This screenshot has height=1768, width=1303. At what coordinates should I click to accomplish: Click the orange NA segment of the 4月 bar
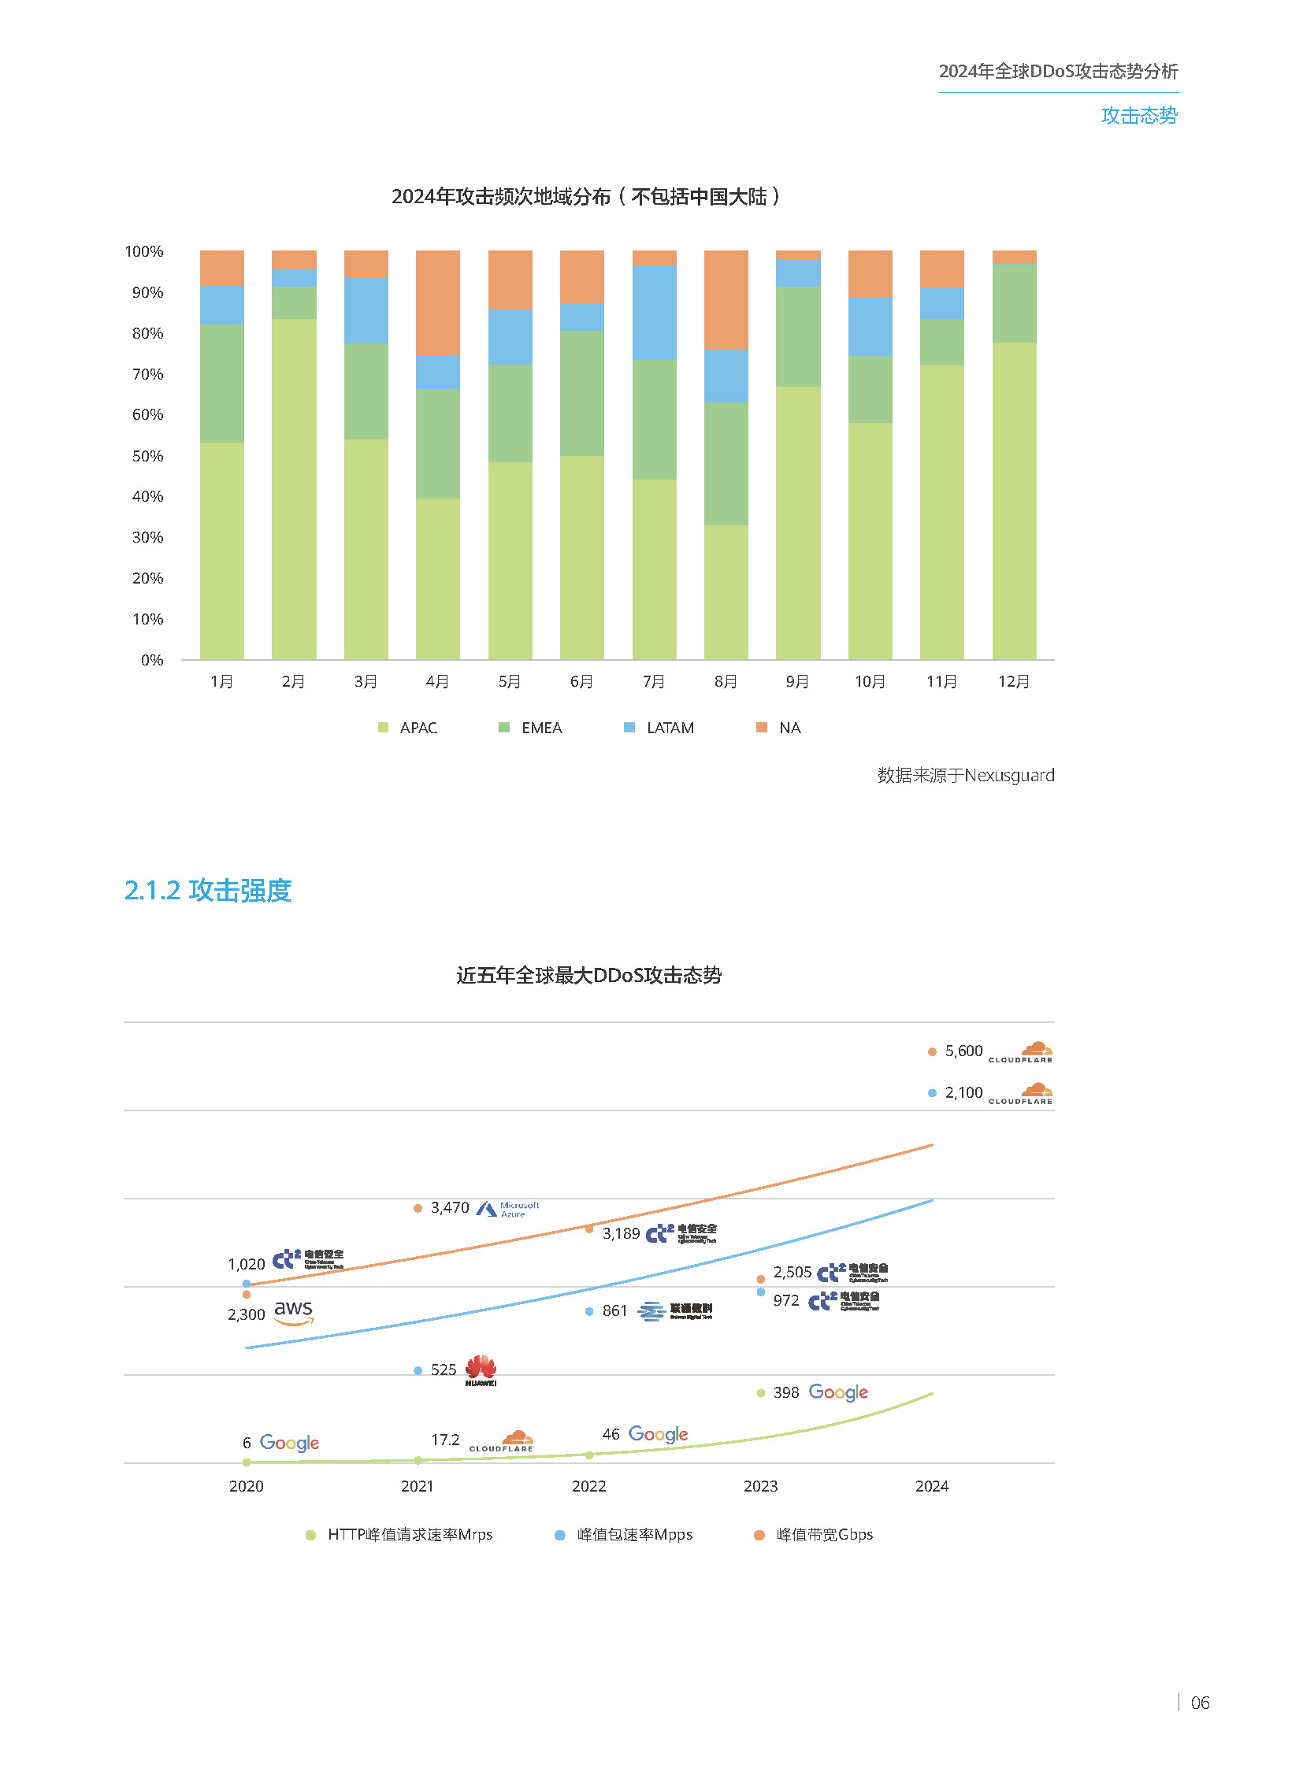point(437,302)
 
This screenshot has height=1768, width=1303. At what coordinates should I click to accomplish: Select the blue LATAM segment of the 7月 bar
point(654,313)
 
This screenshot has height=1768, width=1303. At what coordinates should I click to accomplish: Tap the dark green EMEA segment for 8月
point(726,464)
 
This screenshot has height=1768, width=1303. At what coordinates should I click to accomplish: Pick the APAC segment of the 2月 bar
point(293,489)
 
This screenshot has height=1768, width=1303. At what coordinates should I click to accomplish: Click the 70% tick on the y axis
point(147,374)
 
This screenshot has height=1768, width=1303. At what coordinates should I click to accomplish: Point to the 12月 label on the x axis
point(1014,681)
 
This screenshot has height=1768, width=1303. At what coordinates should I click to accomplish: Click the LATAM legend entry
point(659,728)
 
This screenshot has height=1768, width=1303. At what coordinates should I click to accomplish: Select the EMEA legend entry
point(531,728)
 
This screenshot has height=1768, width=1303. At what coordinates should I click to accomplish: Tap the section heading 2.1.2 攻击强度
point(208,891)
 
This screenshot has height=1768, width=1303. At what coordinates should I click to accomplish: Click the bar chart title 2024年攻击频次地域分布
point(585,196)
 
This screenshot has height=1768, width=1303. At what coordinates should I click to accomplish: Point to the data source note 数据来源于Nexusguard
point(965,775)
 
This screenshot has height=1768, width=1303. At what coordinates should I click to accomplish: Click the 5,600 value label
point(963,1051)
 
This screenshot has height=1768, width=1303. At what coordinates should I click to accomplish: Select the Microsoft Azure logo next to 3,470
point(508,1209)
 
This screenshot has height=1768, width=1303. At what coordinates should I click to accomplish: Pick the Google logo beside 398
point(837,1392)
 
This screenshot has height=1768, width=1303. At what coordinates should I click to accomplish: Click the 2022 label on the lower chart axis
point(588,1486)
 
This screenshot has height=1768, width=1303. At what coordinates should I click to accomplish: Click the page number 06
point(1199,1703)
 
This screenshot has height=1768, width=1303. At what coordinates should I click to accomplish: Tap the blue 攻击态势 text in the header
point(1138,116)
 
